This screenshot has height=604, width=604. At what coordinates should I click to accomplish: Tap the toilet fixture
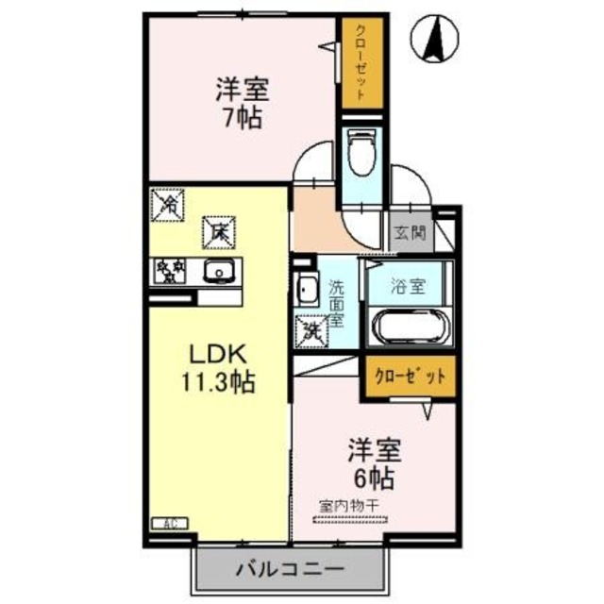coord(361,151)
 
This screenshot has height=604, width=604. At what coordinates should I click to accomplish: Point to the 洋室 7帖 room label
coord(243,105)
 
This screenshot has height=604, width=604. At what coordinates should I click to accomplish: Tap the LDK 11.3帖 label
coord(219,369)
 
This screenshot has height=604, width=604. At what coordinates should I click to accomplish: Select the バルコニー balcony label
coord(289,570)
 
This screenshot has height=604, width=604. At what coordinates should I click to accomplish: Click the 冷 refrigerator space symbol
coord(169,202)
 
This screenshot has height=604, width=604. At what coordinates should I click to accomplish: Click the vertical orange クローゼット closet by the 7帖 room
coord(361,64)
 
